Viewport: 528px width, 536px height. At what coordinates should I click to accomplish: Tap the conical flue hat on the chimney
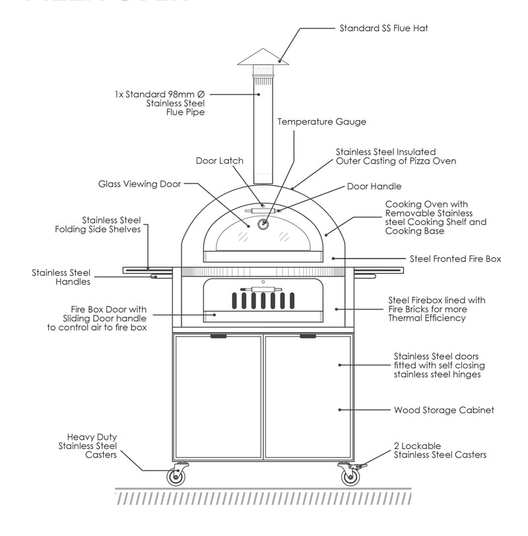click(x=263, y=57)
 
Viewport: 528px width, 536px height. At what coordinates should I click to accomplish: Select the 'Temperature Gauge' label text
click(x=321, y=122)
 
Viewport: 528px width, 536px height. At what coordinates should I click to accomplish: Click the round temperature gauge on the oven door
click(x=263, y=224)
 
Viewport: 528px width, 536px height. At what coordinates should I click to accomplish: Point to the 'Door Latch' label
click(x=219, y=161)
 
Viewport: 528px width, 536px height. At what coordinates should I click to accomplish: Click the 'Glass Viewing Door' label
click(x=139, y=184)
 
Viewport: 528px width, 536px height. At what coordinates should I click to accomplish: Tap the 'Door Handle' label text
click(x=374, y=187)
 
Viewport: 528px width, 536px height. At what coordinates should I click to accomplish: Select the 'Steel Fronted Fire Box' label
click(x=455, y=259)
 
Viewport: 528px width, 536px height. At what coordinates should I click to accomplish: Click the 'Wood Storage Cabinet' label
click(x=444, y=410)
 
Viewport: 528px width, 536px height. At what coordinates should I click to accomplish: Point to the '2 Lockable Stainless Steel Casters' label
click(x=440, y=450)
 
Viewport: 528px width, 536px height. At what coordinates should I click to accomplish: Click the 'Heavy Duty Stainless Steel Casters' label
click(x=92, y=446)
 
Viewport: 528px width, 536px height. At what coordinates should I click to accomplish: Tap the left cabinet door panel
click(x=218, y=396)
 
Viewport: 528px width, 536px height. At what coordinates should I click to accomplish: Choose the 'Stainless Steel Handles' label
click(x=61, y=277)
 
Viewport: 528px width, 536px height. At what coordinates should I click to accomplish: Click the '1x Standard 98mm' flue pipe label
click(x=159, y=103)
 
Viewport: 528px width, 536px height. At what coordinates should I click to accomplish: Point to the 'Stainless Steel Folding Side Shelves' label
click(x=97, y=224)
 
